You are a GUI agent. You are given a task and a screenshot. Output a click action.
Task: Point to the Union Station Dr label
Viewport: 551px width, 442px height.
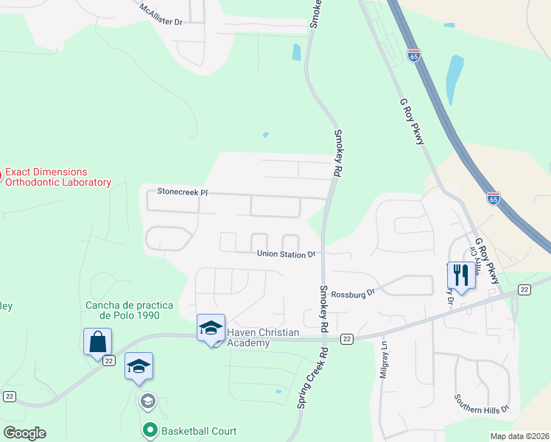(286, 254)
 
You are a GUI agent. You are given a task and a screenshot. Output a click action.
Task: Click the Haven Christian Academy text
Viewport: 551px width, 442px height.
(253, 337)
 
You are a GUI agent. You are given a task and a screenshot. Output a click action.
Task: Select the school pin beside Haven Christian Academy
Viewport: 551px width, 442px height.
(211, 328)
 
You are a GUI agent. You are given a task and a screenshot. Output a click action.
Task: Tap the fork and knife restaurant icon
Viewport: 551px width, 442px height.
(461, 276)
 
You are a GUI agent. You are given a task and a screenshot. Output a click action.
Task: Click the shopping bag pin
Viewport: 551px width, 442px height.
(97, 343)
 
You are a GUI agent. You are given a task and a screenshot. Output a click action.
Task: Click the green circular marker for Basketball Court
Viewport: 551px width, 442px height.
(150, 429)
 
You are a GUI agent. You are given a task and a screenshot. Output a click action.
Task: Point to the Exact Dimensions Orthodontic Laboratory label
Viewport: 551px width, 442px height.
(57, 177)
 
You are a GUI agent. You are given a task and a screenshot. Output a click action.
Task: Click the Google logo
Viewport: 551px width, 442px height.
(24, 433)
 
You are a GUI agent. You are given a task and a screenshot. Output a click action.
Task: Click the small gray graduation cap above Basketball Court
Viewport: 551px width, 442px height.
(147, 401)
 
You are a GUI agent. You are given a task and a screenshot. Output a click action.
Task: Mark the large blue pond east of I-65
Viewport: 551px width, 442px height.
(454, 80)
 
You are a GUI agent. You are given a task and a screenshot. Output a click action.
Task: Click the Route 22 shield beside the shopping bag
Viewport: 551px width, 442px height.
(110, 360)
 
